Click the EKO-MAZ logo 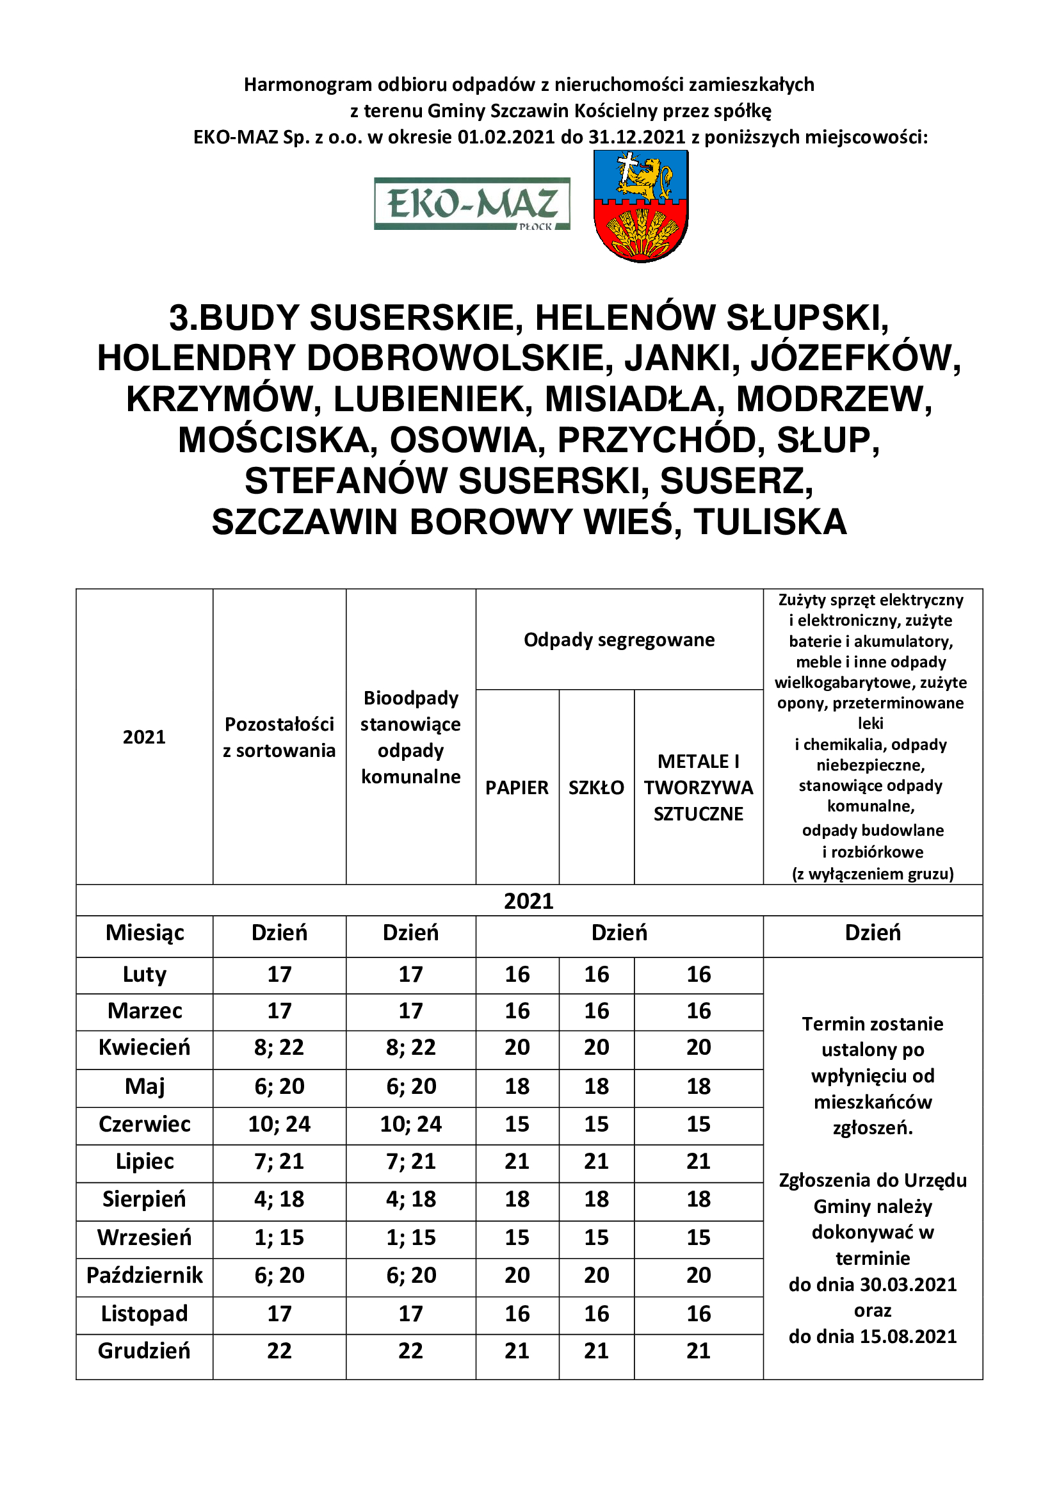pos(471,204)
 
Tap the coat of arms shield pos(640,206)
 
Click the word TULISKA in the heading pos(770,523)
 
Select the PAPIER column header pos(517,788)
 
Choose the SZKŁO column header pos(596,788)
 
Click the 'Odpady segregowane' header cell pos(619,639)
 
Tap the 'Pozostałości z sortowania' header pos(279,737)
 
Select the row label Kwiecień pos(144,1047)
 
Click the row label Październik pos(144,1275)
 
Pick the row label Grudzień pos(144,1351)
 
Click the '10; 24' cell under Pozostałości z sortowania pos(279,1123)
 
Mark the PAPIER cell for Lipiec pos(517,1160)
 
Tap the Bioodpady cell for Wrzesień pos(411,1237)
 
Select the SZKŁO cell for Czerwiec pos(596,1123)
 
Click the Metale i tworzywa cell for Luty pos(698,974)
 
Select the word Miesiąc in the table pos(144,933)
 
